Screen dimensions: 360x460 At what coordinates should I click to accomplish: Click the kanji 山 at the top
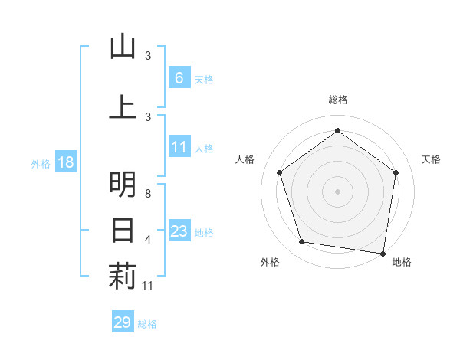click(123, 47)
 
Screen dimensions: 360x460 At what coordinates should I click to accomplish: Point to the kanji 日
click(123, 230)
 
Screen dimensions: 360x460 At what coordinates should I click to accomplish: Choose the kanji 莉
click(123, 277)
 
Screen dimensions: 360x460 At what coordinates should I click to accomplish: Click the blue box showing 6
click(179, 78)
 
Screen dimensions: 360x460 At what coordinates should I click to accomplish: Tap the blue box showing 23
click(179, 232)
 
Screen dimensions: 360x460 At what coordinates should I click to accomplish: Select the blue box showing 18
click(65, 162)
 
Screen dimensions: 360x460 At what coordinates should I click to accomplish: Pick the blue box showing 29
click(123, 322)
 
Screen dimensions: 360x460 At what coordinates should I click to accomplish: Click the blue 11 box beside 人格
click(179, 147)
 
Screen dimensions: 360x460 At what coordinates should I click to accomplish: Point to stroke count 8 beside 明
click(148, 194)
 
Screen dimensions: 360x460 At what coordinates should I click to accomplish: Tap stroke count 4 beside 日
click(148, 240)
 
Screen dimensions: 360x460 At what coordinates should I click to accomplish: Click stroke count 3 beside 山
click(148, 56)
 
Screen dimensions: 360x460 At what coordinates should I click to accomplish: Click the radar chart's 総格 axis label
click(337, 100)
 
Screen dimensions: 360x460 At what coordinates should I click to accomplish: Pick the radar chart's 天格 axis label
click(431, 159)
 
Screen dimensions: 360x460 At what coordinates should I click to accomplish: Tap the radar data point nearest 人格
click(279, 172)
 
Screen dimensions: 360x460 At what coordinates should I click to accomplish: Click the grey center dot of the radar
click(337, 191)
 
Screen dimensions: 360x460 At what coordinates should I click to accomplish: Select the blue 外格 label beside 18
click(41, 163)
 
